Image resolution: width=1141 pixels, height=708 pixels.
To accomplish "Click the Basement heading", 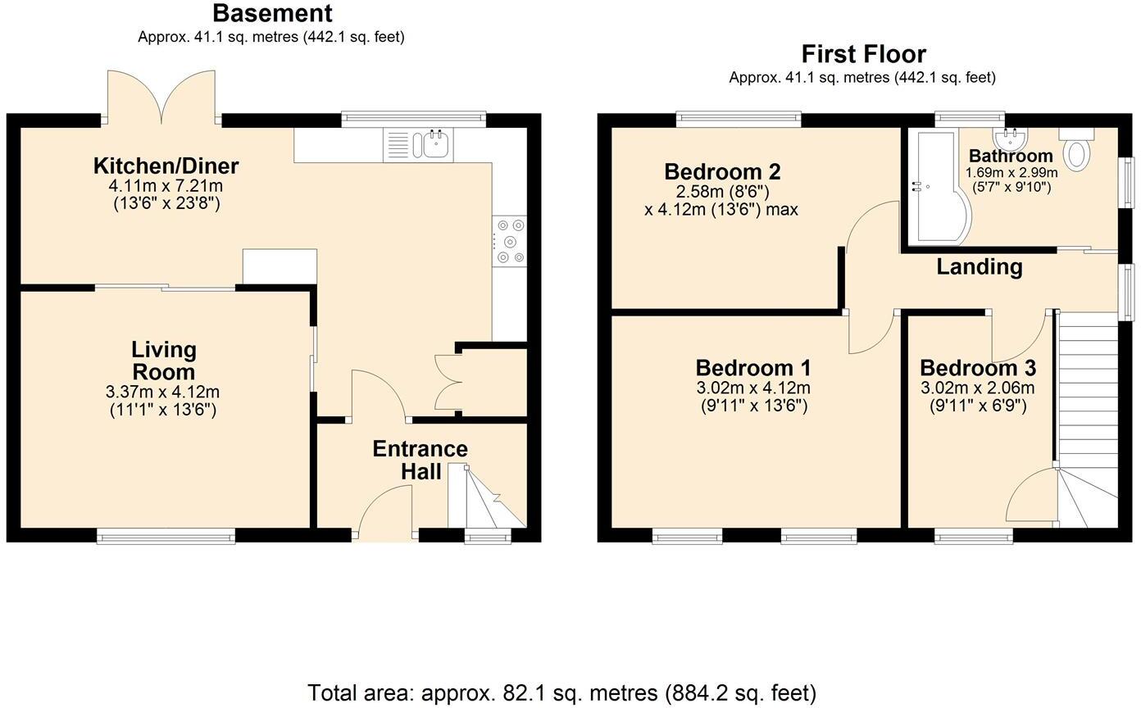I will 272,13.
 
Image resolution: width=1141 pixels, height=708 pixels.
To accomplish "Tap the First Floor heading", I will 863,54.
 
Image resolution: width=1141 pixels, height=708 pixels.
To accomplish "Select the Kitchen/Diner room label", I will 166,166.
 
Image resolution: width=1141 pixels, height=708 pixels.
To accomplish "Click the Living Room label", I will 164,361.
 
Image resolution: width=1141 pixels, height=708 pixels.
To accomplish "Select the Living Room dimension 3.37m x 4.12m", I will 164,393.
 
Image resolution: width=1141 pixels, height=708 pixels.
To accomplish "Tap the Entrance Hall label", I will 420,460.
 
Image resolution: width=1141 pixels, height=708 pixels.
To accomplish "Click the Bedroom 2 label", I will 722,172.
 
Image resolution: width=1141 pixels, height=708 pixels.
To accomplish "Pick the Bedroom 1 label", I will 753,368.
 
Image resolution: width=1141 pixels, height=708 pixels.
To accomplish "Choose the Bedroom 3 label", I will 977,368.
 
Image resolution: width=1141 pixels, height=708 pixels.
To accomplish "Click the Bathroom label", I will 1011,156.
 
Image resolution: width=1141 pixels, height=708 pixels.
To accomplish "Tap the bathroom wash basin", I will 1010,135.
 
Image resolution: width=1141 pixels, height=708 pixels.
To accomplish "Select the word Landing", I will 980,266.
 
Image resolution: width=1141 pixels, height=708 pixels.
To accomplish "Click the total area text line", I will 561,693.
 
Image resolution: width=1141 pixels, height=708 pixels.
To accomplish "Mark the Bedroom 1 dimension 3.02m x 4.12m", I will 753,388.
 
